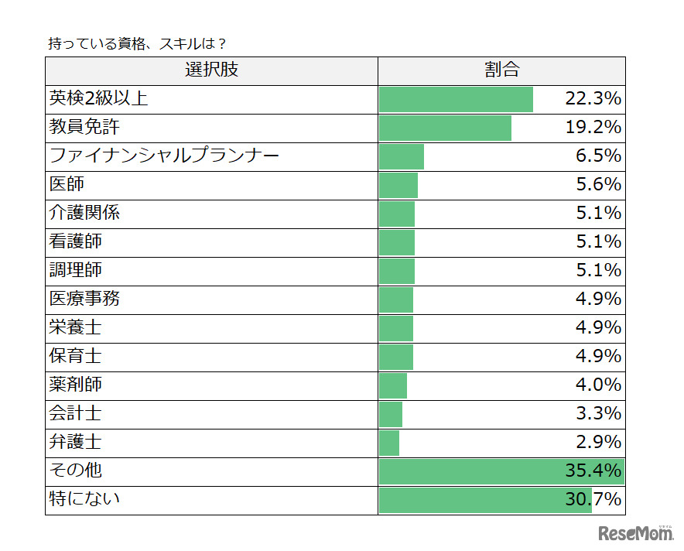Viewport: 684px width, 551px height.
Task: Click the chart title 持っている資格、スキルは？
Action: click(137, 44)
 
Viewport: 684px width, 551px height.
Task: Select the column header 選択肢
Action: click(211, 70)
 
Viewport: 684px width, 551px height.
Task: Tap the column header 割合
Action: click(501, 70)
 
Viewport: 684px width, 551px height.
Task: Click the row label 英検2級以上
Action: click(98, 99)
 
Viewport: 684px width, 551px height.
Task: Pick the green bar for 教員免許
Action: click(445, 128)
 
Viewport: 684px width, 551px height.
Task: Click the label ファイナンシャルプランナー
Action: click(164, 156)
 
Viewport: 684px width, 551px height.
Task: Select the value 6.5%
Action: click(598, 156)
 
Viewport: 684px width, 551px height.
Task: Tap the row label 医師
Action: click(67, 185)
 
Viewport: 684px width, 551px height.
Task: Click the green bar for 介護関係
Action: click(397, 214)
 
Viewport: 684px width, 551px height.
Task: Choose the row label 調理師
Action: click(75, 271)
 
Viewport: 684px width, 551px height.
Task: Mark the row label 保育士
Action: click(75, 357)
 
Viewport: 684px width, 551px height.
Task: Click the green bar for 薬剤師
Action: click(393, 385)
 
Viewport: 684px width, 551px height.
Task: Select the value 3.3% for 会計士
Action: click(598, 414)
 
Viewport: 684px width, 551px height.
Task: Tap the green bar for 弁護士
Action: click(389, 443)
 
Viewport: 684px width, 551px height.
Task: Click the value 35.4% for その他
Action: click(593, 471)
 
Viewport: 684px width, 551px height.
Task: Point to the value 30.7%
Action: click(593, 500)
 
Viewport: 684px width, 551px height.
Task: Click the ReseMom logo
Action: click(634, 534)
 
